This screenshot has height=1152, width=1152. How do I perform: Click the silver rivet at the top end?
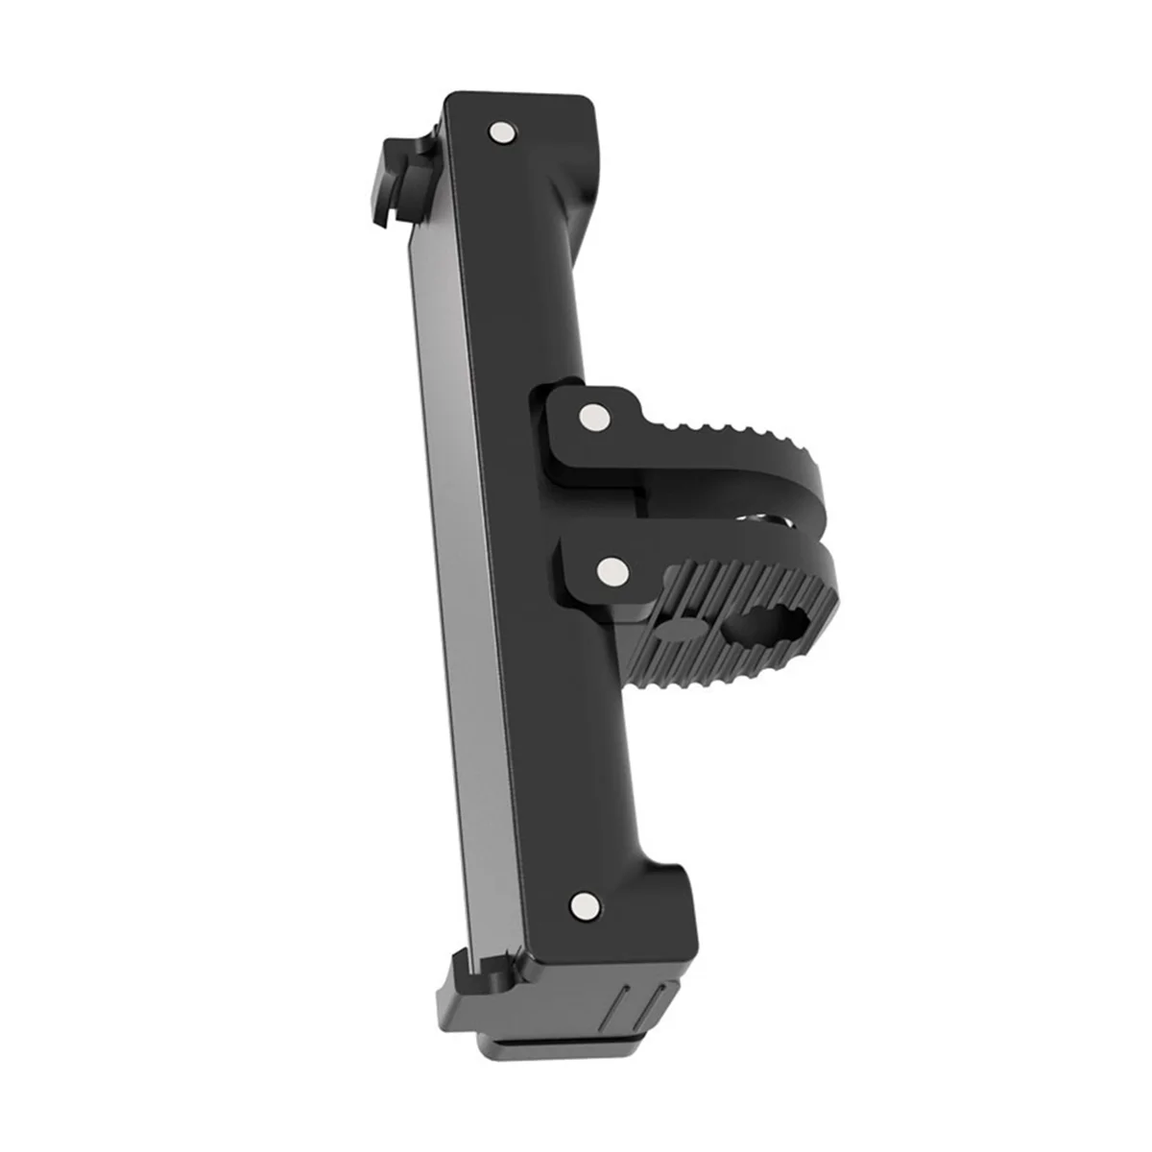click(x=500, y=132)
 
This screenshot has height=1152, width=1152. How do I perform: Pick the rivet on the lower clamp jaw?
click(x=608, y=573)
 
